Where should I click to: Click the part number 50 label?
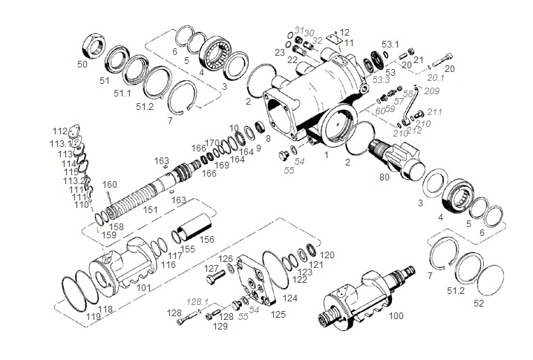[82, 65]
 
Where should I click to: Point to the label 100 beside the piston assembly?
[396, 315]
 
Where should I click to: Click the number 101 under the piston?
[143, 287]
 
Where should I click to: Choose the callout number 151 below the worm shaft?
[151, 211]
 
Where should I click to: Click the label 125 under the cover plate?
[278, 314]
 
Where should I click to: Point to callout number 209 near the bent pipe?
[433, 91]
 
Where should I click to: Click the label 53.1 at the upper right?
[390, 45]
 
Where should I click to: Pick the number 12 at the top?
[344, 32]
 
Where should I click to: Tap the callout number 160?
[110, 185]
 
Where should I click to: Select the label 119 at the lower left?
[93, 317]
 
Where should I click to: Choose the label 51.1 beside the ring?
[122, 93]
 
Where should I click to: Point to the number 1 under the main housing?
[324, 155]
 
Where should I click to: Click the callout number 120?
[327, 255]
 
